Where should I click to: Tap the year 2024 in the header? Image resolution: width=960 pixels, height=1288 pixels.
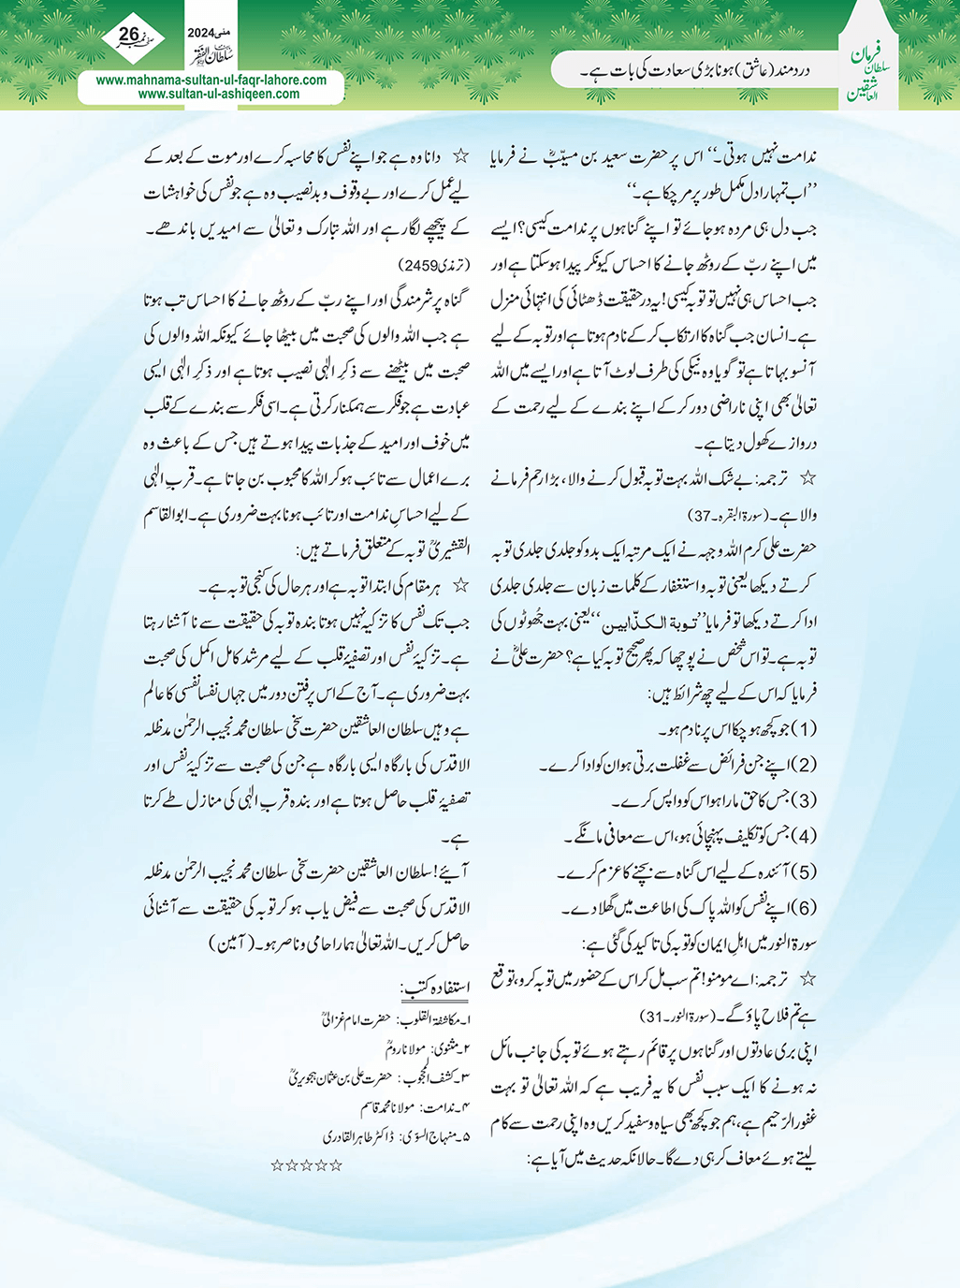[200, 32]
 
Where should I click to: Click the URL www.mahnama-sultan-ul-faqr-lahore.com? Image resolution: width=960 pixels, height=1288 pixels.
[211, 80]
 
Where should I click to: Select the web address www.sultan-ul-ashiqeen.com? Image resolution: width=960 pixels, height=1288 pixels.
[219, 94]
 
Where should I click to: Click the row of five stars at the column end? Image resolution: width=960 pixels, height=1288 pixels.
[306, 1165]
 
